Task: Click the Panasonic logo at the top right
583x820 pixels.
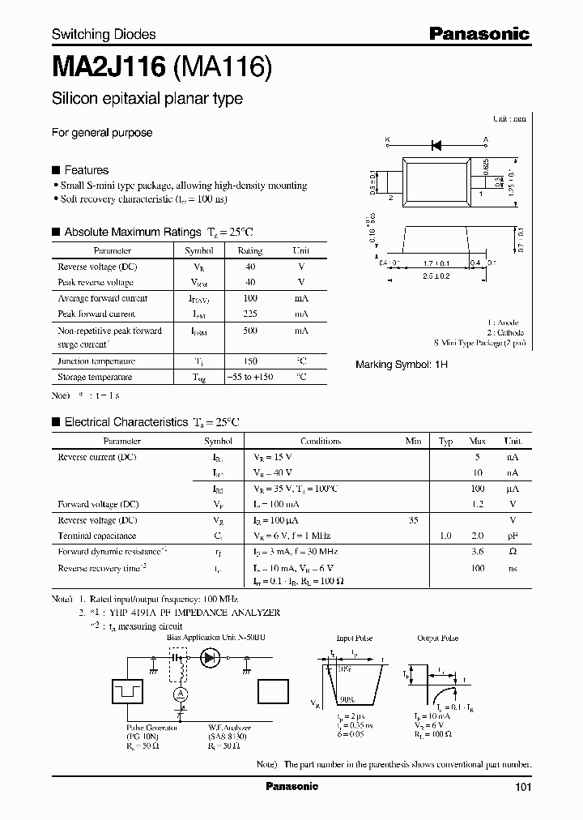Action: click(x=479, y=33)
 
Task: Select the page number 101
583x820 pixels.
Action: click(x=523, y=787)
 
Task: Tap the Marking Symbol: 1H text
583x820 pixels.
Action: click(x=402, y=365)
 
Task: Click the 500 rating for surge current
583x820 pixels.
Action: click(x=250, y=331)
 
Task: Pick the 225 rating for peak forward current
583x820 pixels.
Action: click(x=250, y=314)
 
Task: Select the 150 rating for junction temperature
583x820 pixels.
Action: click(x=250, y=361)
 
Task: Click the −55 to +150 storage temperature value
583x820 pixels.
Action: click(x=250, y=377)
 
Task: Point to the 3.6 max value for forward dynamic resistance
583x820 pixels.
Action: click(x=477, y=552)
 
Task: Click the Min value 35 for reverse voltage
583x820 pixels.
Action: click(x=413, y=520)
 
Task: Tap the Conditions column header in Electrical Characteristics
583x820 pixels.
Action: click(x=321, y=442)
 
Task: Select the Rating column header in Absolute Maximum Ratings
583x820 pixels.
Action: click(x=250, y=251)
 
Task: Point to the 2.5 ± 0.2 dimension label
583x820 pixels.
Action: click(x=436, y=276)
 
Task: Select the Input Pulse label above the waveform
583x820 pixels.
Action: click(x=355, y=638)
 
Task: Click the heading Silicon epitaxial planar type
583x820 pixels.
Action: click(x=147, y=99)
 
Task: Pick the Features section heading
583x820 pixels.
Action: click(x=86, y=170)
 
